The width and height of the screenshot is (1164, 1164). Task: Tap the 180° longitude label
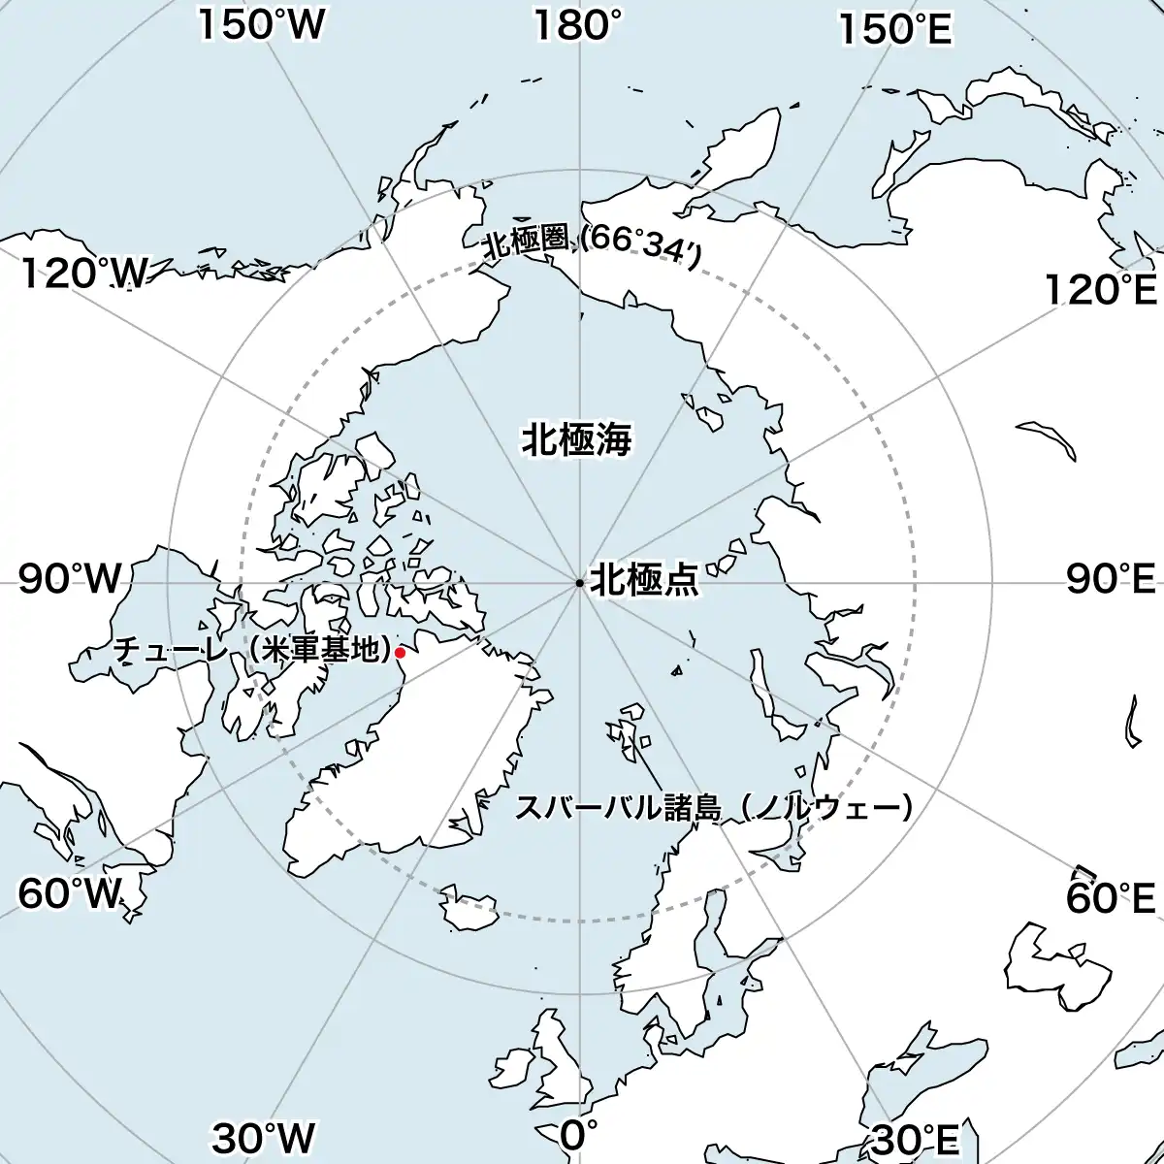pos(578,26)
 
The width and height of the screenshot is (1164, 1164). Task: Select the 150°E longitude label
pos(895,29)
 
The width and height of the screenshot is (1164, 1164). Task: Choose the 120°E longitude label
pos(1101,289)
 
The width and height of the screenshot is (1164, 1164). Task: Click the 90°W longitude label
pos(71,580)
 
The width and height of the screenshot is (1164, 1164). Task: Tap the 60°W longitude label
pos(71,894)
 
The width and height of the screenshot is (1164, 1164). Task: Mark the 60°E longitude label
pos(1111,898)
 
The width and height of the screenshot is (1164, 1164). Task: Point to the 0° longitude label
pos(579,1132)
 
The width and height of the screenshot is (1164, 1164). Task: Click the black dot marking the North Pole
pos(579,583)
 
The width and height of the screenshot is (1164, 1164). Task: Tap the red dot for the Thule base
pos(400,654)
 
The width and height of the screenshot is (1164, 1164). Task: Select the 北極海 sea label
pos(577,439)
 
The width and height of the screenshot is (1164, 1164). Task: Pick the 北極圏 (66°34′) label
pos(593,244)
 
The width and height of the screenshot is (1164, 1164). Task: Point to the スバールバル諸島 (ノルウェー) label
pos(714,808)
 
